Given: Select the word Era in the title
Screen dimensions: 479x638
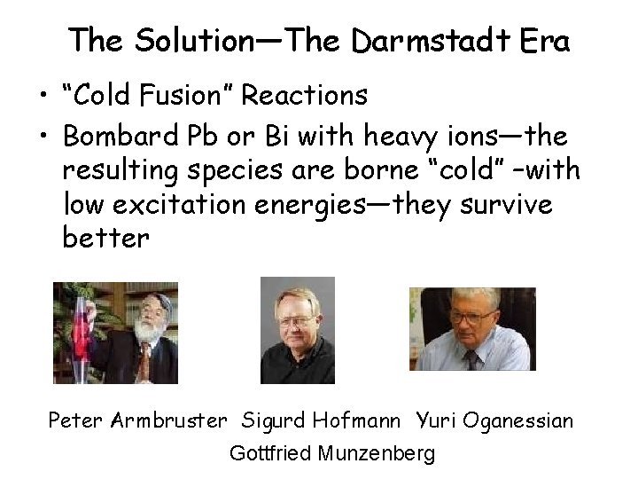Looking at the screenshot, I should click(x=541, y=40).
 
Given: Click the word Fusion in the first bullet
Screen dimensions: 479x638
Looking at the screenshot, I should click(x=200, y=93).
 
